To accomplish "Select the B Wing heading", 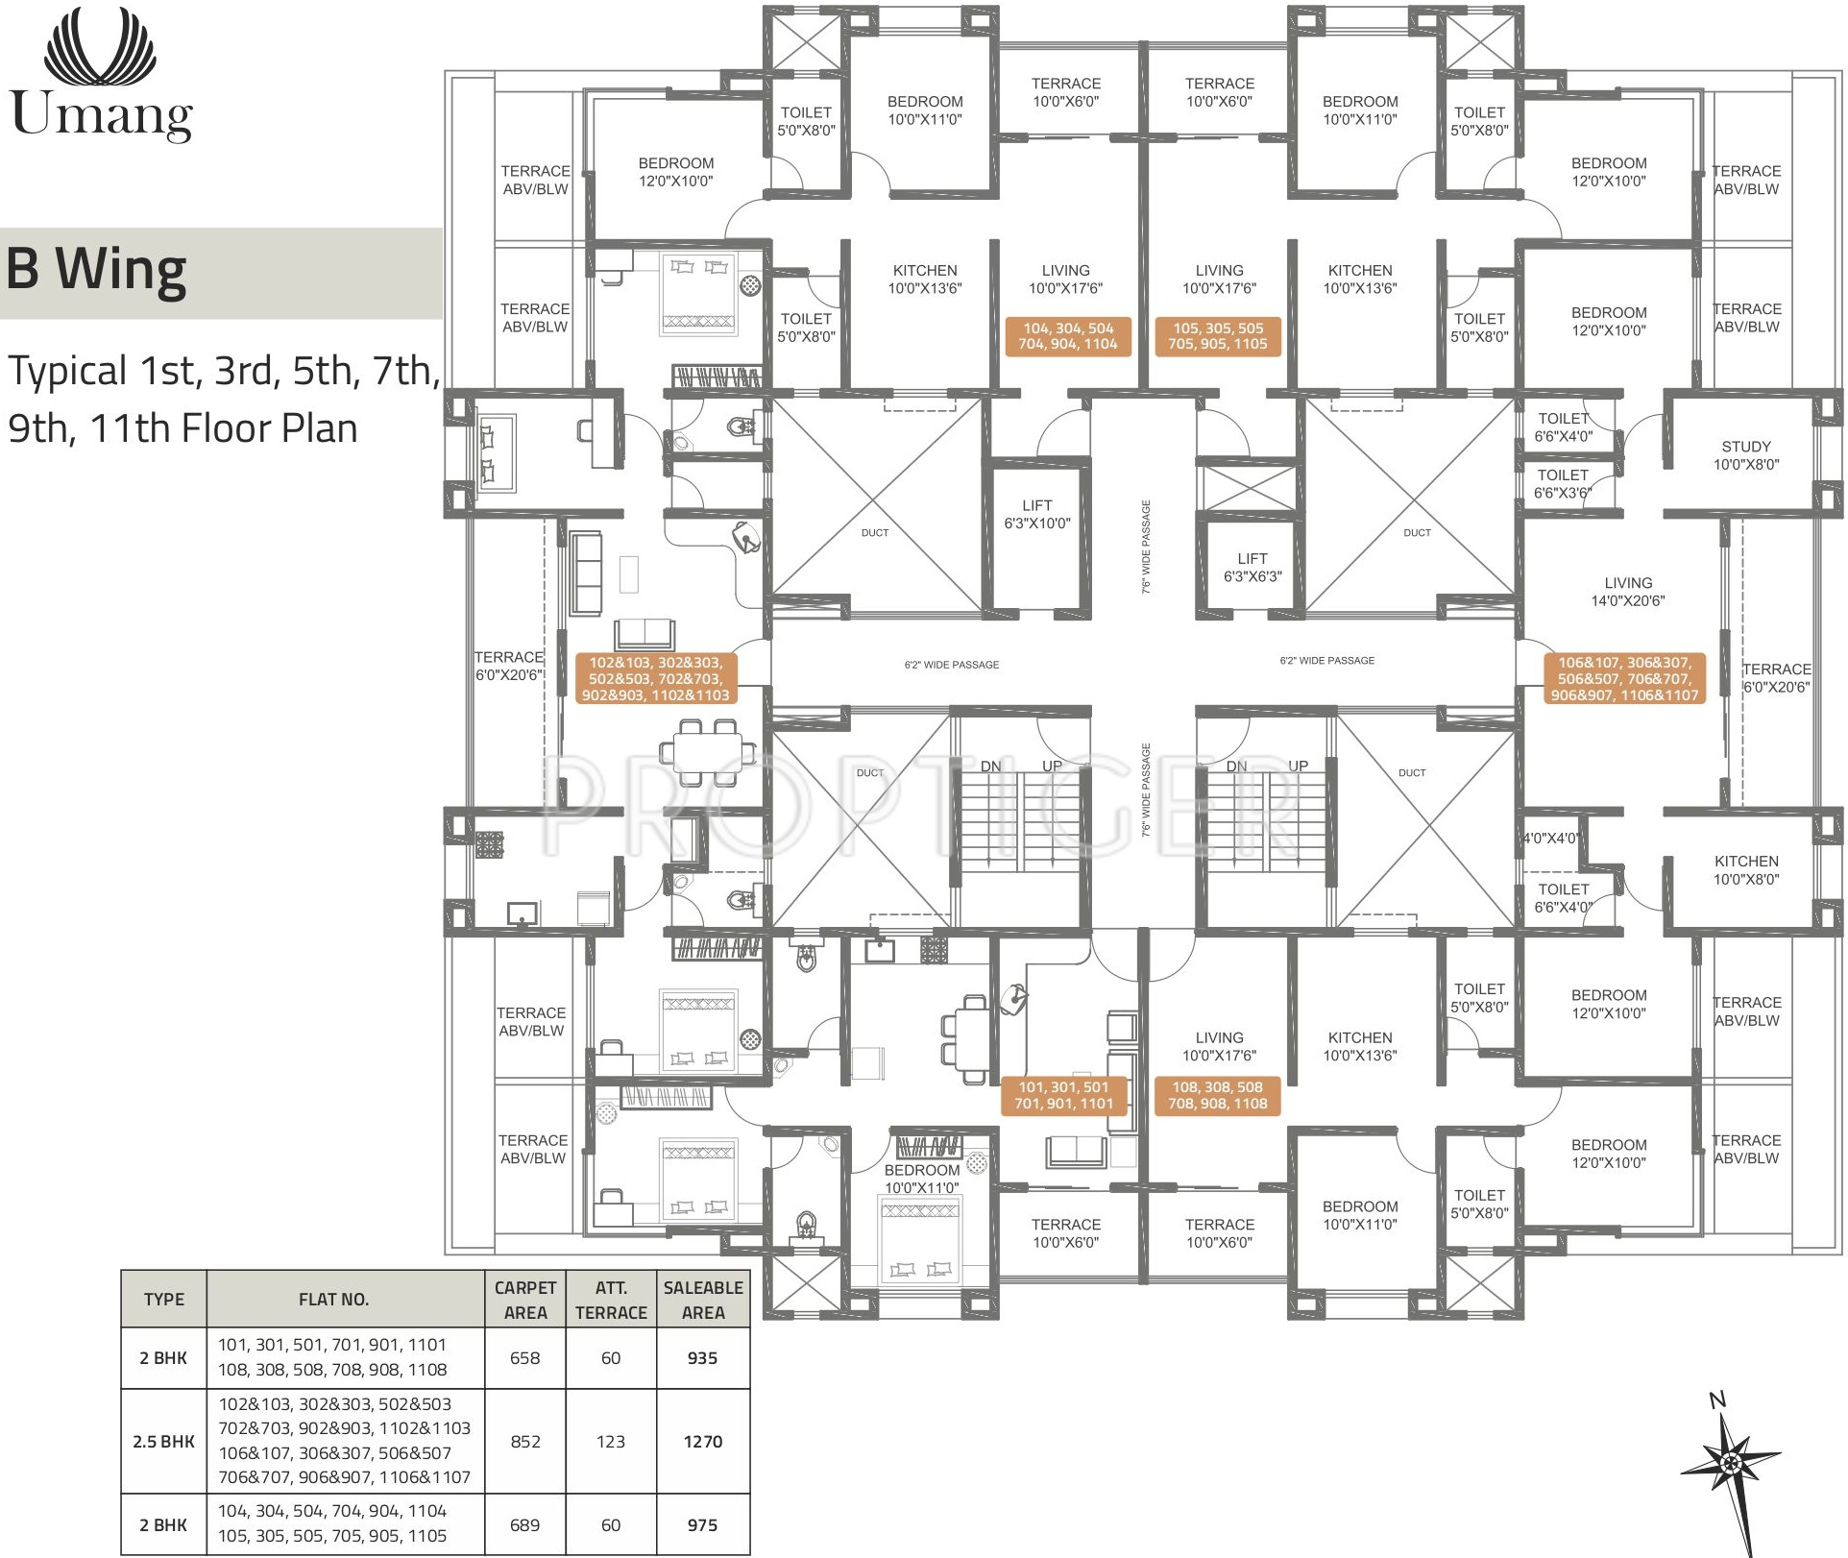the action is (x=96, y=270).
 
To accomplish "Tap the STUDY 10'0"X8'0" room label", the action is (x=1746, y=455).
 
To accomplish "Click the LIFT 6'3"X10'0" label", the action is (x=1037, y=514).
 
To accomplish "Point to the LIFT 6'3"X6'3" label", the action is (x=1252, y=568).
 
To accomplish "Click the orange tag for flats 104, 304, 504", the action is (x=1068, y=336).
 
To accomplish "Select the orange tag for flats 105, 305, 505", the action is (x=1218, y=336).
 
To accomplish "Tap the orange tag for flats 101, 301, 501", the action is (x=1064, y=1095).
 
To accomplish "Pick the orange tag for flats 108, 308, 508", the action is (x=1218, y=1095).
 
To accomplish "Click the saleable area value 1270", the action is (x=703, y=1441).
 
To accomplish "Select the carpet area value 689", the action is (x=525, y=1524).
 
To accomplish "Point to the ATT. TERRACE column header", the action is (x=611, y=1300).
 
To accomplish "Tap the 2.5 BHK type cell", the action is (x=163, y=1441).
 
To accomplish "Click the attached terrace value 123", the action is (x=611, y=1441).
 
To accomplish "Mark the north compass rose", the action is (x=1730, y=1470).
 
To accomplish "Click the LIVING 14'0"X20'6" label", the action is (x=1628, y=592).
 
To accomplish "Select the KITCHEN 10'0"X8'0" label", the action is (x=1746, y=870).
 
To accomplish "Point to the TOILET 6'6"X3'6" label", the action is (x=1563, y=484).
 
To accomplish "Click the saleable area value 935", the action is (x=703, y=1357).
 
